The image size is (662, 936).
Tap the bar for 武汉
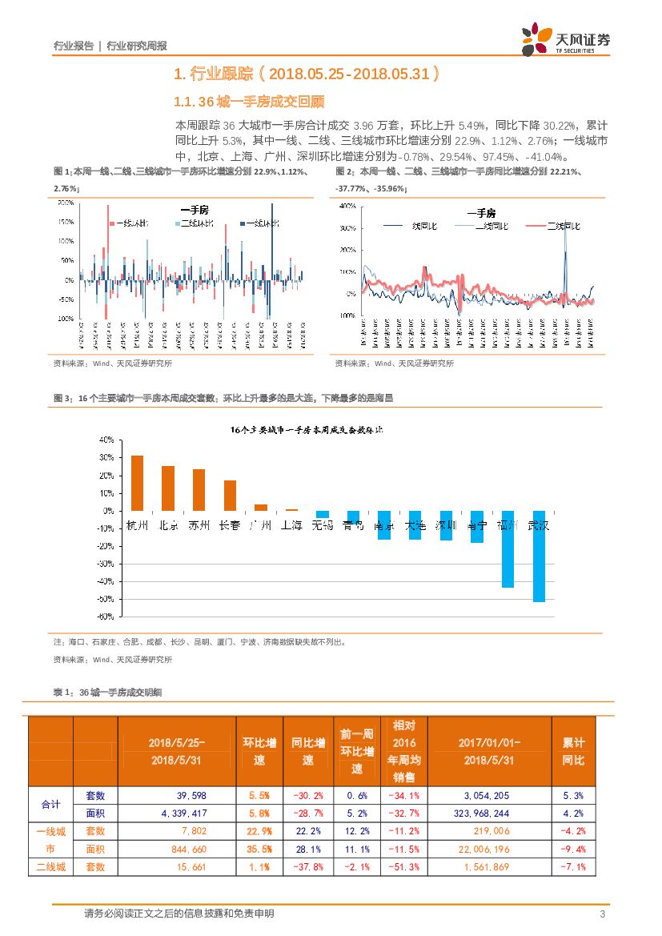[x=540, y=556]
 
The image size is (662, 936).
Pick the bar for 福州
[x=508, y=548]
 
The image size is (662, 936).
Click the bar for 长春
[x=230, y=495]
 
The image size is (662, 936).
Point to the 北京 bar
[x=168, y=488]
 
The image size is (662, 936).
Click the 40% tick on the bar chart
[x=105, y=440]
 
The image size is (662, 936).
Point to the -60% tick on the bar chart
[x=104, y=617]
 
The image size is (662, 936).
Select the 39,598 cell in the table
[x=167, y=795]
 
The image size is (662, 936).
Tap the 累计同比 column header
[x=573, y=751]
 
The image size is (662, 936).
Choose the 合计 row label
[x=50, y=804]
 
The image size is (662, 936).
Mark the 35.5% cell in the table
[x=259, y=849]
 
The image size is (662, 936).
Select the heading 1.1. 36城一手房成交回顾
[x=249, y=102]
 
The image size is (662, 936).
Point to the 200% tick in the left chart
[x=66, y=203]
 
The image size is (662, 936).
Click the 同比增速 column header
[x=307, y=751]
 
